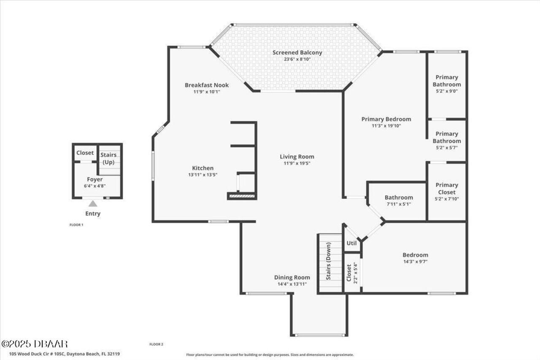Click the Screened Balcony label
[x=297, y=53]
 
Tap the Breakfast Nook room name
[x=207, y=85]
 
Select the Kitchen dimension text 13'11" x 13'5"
[x=202, y=175]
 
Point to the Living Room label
[x=297, y=157]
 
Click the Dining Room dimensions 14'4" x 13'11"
[x=292, y=284]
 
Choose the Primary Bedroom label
[x=386, y=119]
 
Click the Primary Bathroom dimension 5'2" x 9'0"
[x=446, y=91]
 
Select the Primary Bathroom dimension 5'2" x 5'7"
[x=446, y=148]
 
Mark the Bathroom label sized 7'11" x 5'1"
[x=399, y=198]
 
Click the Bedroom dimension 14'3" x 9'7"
[x=415, y=262]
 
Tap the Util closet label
[x=351, y=243]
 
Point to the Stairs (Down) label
[x=329, y=267]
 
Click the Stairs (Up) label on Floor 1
[x=108, y=158]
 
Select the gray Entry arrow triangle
[x=93, y=204]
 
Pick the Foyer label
[x=94, y=179]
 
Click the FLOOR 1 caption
[x=76, y=225]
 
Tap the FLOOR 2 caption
[x=156, y=344]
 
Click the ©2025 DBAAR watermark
[x=35, y=344]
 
